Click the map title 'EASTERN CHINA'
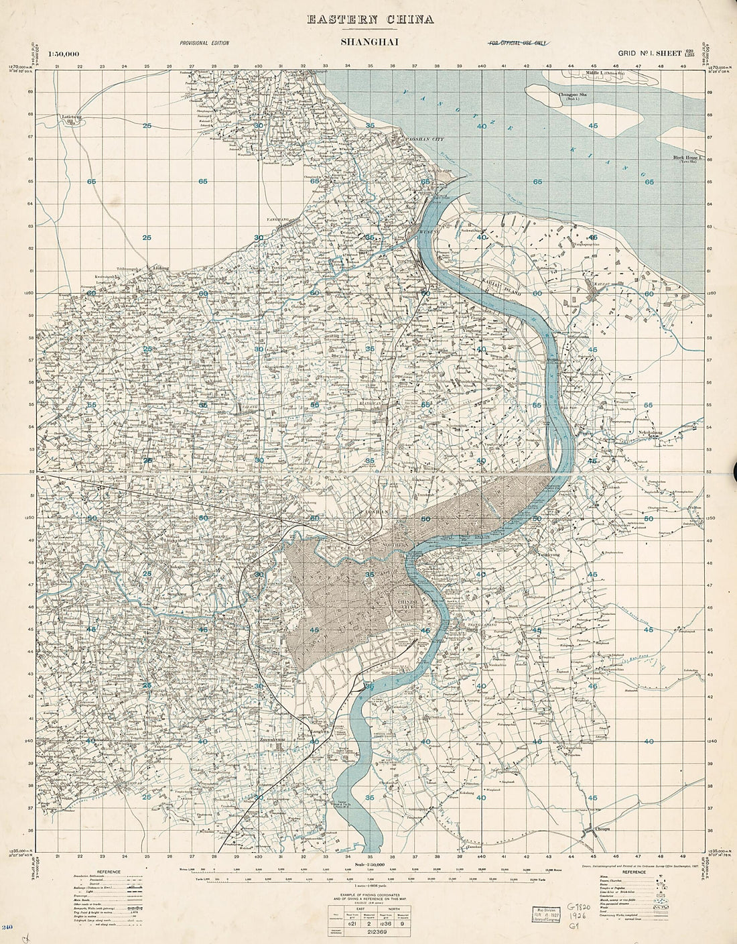(x=371, y=19)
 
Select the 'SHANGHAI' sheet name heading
(x=370, y=44)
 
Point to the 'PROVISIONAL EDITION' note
(x=204, y=43)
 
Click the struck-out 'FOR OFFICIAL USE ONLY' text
(x=517, y=43)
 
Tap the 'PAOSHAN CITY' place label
(x=421, y=139)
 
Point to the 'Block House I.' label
(x=685, y=158)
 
